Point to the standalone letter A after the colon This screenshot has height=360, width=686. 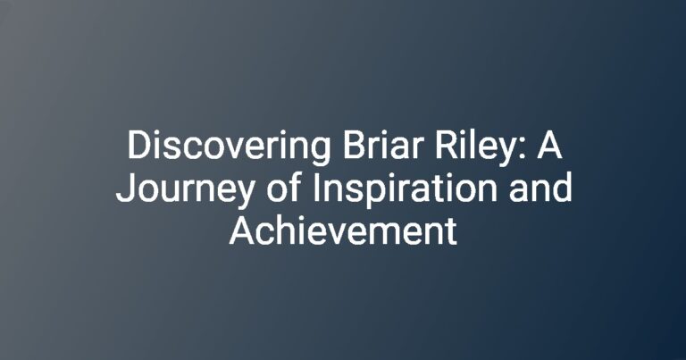pos(549,146)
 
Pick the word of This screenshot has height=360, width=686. pos(284,188)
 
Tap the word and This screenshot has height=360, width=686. pos(540,188)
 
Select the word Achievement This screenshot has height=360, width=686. pos(343,230)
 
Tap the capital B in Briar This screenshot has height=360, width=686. pos(354,146)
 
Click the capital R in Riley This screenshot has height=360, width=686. pos(446,146)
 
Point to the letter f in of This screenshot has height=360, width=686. pos(296,188)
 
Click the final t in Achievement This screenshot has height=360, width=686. pos(451,232)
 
